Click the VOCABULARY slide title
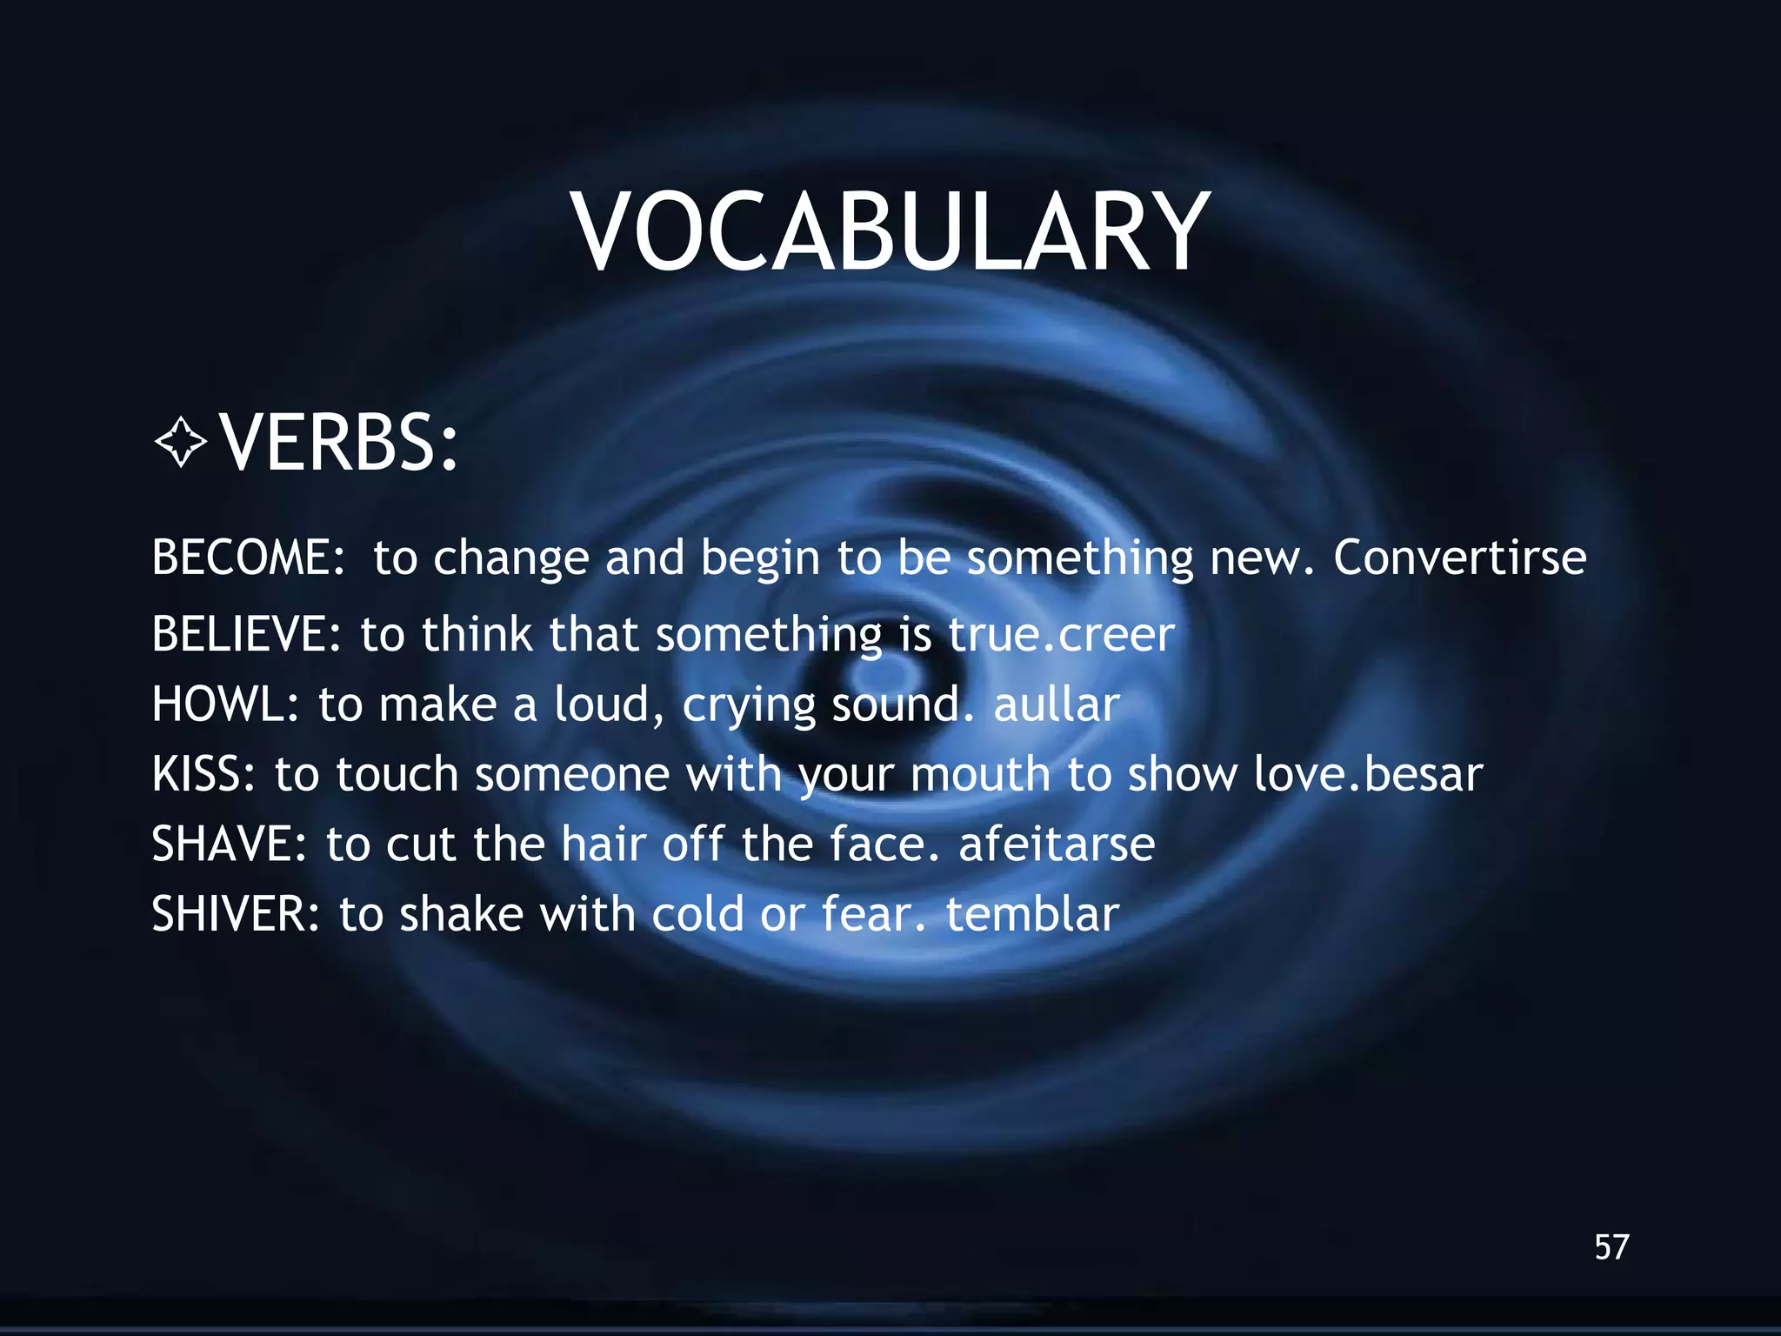[x=890, y=232]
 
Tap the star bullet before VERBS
[x=181, y=443]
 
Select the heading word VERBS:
[x=339, y=443]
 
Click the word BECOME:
[x=249, y=557]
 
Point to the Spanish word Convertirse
[x=1460, y=557]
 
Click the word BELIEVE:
[x=247, y=633]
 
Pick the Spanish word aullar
[x=1056, y=704]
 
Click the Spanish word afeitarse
[x=1057, y=844]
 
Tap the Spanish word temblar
[x=1032, y=914]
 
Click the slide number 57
[x=1611, y=1247]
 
